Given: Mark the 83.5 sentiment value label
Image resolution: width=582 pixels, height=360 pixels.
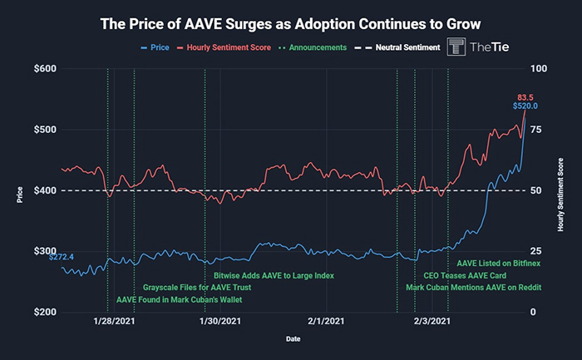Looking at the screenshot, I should click(x=525, y=96).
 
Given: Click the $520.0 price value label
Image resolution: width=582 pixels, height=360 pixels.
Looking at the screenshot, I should click(x=525, y=106).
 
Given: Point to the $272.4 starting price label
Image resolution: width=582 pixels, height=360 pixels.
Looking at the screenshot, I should click(x=62, y=258).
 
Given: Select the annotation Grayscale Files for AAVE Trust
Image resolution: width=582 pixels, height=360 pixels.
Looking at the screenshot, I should click(x=191, y=287).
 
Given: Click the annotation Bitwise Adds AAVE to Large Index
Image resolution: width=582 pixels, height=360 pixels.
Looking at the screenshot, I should click(x=274, y=274).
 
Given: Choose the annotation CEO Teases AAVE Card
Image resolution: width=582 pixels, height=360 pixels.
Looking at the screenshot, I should click(x=466, y=274).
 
